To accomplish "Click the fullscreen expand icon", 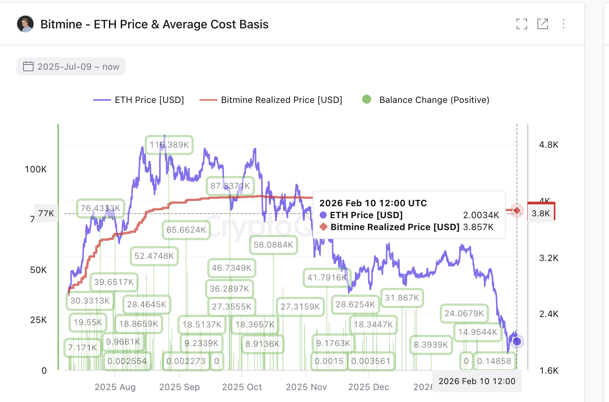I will coord(522,24).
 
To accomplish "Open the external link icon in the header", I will coord(543,24).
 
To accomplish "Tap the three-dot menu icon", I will coord(564,24).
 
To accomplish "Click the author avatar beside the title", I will coord(25,24).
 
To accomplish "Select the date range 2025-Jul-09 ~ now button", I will coord(71,67).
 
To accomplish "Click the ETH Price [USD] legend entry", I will coord(139,100).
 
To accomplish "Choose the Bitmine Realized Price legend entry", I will coord(271,100).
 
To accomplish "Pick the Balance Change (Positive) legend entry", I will coord(426,100).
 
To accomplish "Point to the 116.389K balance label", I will coord(169,145).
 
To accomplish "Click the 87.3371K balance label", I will coord(230,186).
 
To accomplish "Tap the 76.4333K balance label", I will coord(100,208).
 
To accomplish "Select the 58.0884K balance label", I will coord(273,245).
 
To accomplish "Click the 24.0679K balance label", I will coord(464,313).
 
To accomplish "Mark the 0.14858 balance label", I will coord(494,361).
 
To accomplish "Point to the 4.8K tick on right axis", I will coord(549,145).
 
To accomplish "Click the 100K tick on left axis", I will coord(36,169).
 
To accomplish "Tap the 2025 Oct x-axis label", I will coord(242,387).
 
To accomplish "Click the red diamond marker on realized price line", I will coord(517,211).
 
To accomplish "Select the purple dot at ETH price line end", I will coord(517,341).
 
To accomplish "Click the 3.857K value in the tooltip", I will coord(478,227).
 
